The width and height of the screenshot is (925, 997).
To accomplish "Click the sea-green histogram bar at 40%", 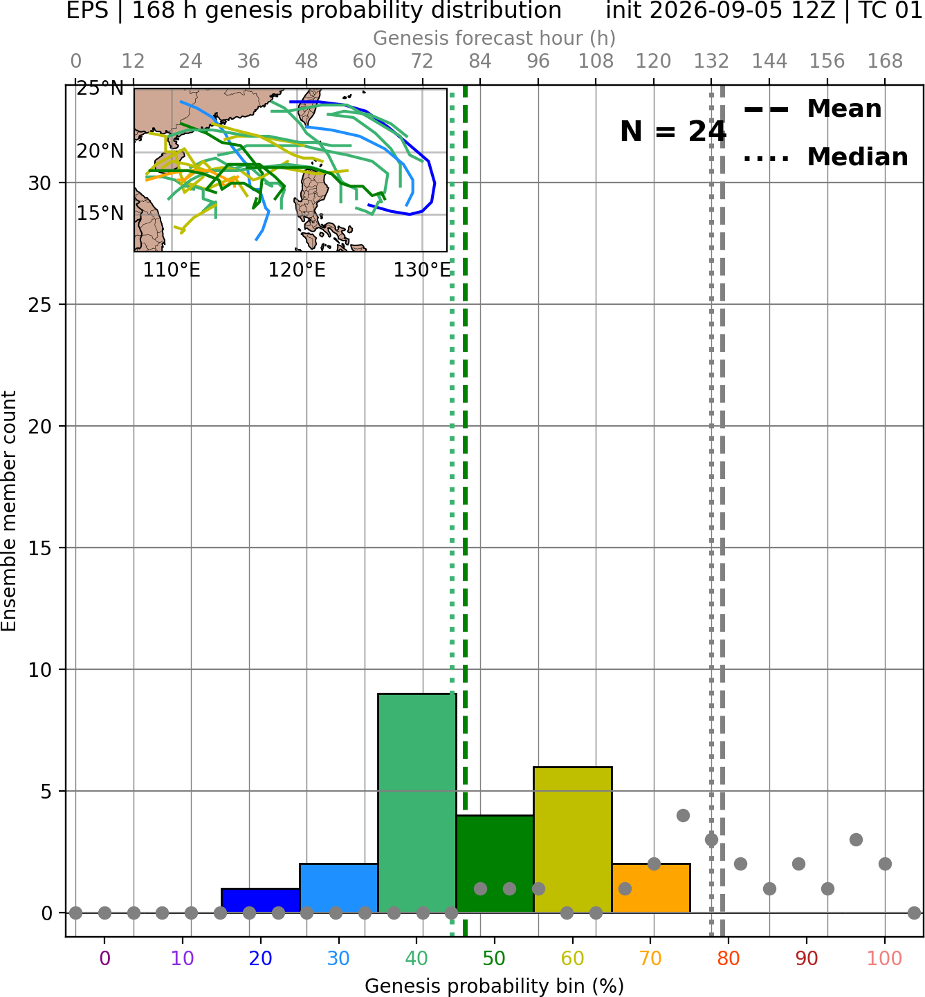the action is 416,803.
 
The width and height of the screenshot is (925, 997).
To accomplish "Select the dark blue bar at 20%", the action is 260,900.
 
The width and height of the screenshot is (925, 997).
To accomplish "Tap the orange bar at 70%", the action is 650,888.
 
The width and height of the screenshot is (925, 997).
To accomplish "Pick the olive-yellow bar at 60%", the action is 573,839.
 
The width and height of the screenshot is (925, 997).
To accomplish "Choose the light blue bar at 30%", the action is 338,888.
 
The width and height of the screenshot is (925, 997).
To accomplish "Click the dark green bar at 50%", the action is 495,864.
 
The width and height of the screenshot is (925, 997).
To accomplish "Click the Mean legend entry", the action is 812,109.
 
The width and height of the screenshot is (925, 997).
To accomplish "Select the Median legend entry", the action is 826,157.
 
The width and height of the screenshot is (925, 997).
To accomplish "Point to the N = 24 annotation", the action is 672,131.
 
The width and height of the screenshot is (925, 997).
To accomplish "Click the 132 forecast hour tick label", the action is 711,62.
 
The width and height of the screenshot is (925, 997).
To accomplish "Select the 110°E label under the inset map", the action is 172,270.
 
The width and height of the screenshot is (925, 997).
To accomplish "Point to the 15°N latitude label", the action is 100,214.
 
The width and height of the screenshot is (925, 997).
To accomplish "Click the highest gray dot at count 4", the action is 683,815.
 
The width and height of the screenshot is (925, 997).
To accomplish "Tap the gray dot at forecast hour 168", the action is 885,864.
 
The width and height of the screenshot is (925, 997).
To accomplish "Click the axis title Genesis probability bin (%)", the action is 495,986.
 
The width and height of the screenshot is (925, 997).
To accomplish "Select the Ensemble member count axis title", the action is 9,511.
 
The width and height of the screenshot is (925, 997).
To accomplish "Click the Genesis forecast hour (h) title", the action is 495,38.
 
